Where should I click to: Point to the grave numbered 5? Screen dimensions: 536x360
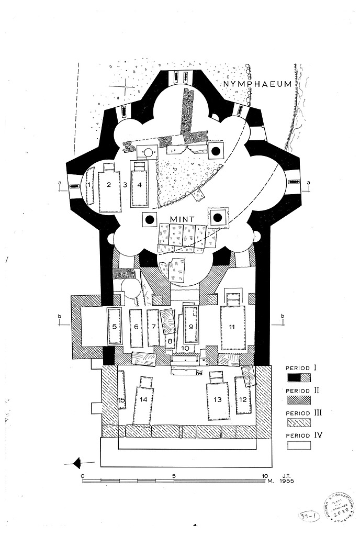click(114, 326)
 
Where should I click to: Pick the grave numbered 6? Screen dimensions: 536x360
click(136, 327)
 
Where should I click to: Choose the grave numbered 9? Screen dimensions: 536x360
click(192, 326)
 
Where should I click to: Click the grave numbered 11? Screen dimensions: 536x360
click(232, 327)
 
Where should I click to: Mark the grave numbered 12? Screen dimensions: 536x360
click(242, 399)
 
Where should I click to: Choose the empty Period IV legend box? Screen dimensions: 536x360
click(299, 445)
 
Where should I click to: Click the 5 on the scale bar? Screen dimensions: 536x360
click(174, 475)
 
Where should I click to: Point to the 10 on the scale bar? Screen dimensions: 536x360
click(265, 475)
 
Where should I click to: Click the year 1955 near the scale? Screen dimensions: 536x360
click(287, 481)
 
